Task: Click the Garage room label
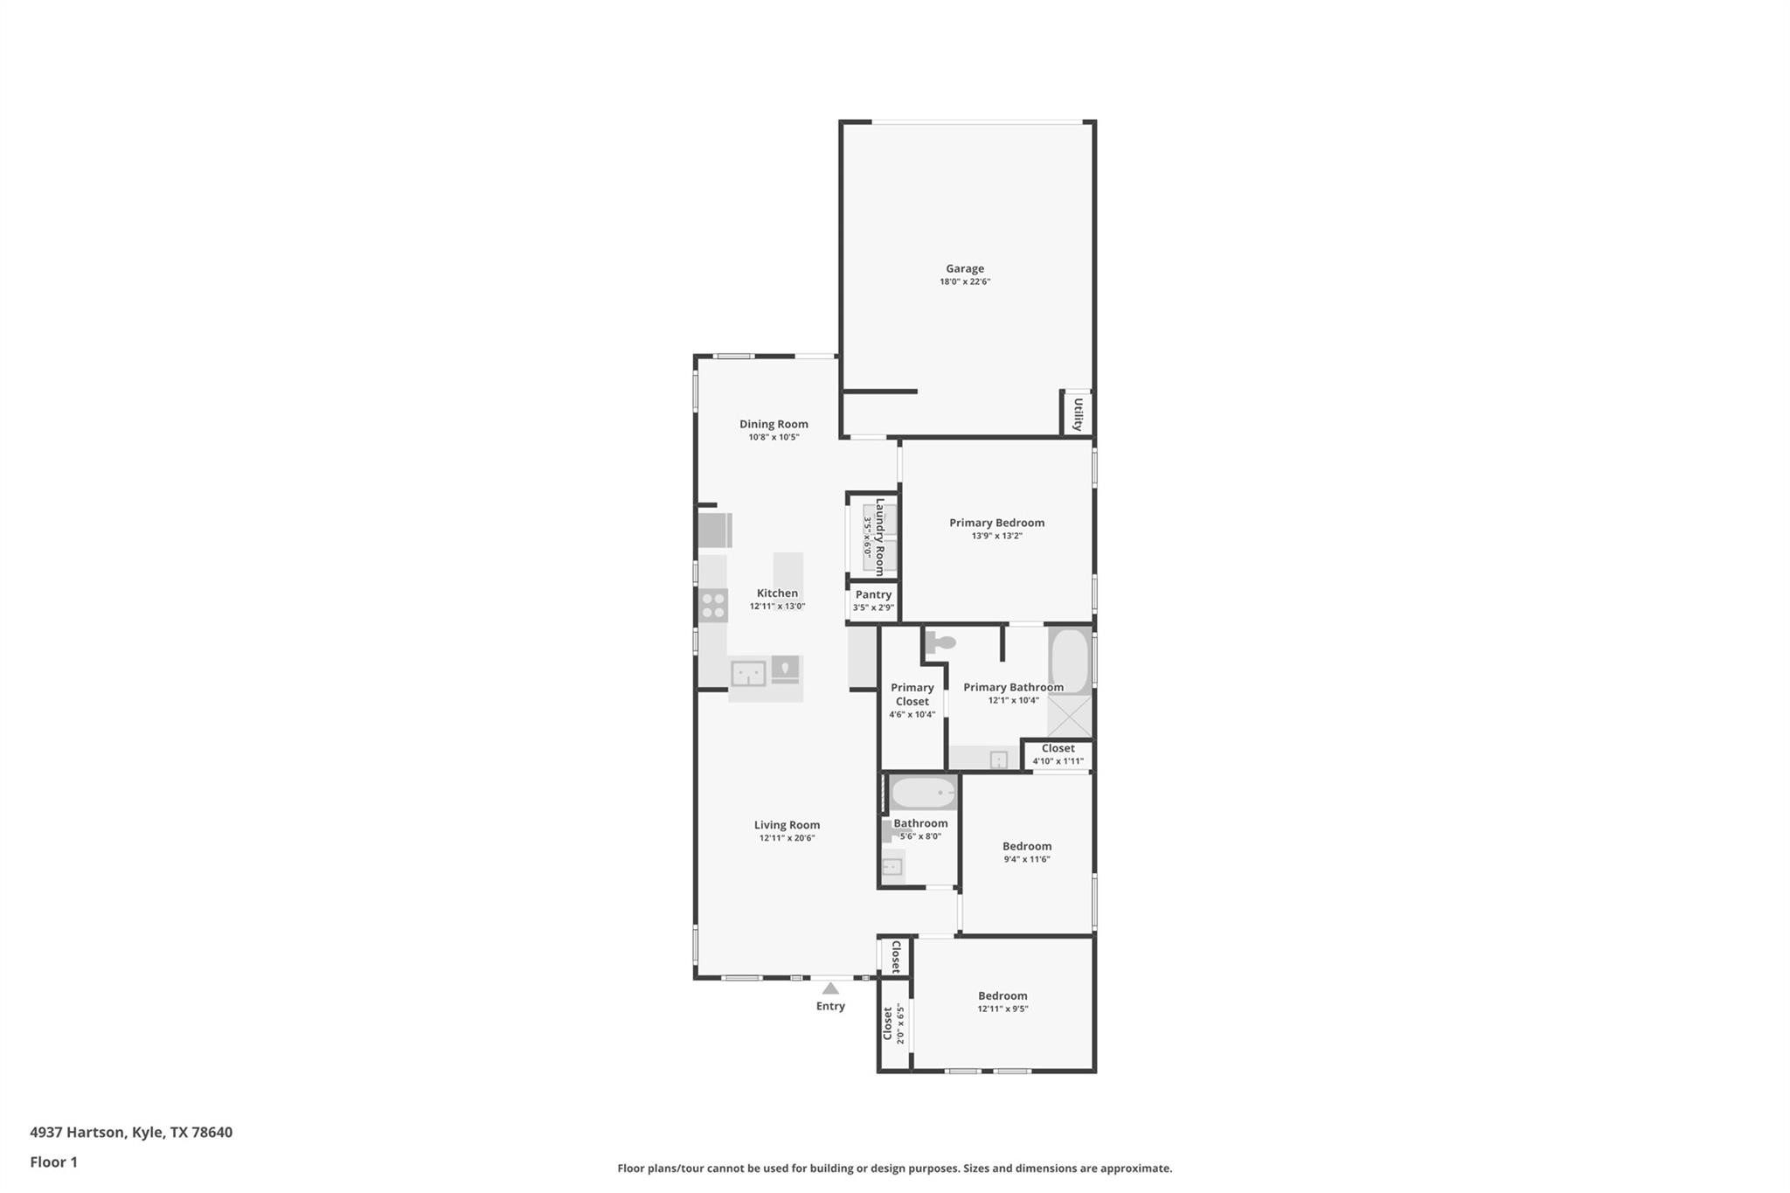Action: pyautogui.click(x=964, y=269)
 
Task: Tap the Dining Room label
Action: pyautogui.click(x=774, y=425)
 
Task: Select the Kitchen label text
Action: pyautogui.click(x=777, y=593)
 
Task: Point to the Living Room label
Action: pyautogui.click(x=787, y=825)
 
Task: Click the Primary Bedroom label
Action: pyautogui.click(x=996, y=524)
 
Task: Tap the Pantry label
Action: pyautogui.click(x=873, y=595)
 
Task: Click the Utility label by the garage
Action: pyautogui.click(x=1078, y=414)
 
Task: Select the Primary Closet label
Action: pyautogui.click(x=912, y=695)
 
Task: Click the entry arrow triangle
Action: pyautogui.click(x=830, y=988)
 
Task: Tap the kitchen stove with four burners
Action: pyautogui.click(x=713, y=606)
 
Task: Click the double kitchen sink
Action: pyautogui.click(x=748, y=674)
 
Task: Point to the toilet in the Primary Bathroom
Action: pyautogui.click(x=940, y=643)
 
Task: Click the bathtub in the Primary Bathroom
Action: pyautogui.click(x=1069, y=660)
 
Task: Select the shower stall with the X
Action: pyautogui.click(x=1070, y=717)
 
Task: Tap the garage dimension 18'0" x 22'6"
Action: pyautogui.click(x=964, y=282)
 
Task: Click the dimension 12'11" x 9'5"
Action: pyautogui.click(x=1003, y=1009)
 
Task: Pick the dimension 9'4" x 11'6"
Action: pyautogui.click(x=1026, y=860)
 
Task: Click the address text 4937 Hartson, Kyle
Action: pyautogui.click(x=131, y=1133)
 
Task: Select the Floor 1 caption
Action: pyautogui.click(x=53, y=1162)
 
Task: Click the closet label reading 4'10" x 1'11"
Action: pyautogui.click(x=1058, y=761)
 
